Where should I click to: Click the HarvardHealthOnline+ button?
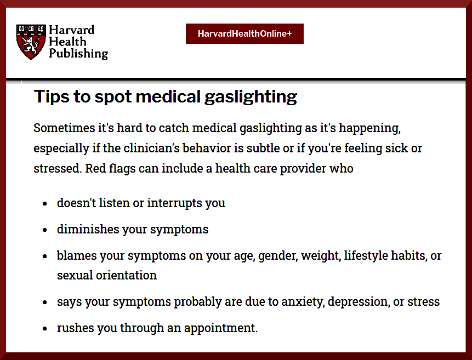click(244, 34)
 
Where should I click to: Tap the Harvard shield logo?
click(31, 42)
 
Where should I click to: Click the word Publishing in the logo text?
click(78, 54)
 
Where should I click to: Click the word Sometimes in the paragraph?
click(65, 128)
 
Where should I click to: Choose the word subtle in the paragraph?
click(263, 148)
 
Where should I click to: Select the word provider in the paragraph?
click(303, 169)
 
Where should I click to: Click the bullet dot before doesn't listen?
click(45, 204)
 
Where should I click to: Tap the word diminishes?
click(88, 229)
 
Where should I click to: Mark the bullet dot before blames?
click(45, 256)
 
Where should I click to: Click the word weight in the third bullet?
click(321, 256)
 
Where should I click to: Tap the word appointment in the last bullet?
click(220, 328)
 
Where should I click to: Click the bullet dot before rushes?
click(45, 329)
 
